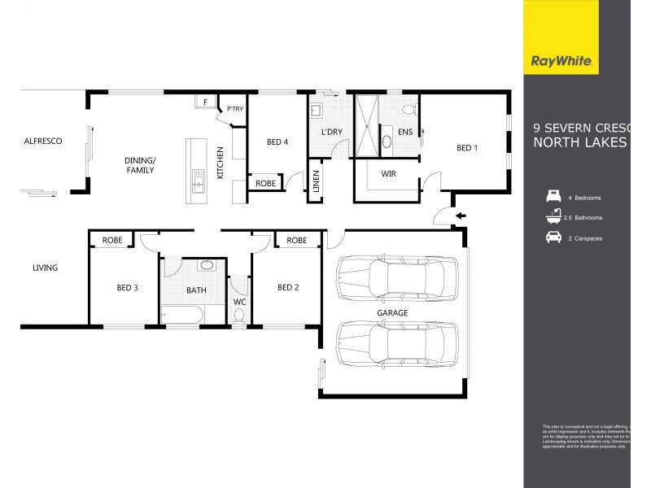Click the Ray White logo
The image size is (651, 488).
click(561, 59)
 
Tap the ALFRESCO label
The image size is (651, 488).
click(43, 142)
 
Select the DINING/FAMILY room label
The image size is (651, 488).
click(139, 166)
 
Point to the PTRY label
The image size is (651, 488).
click(235, 109)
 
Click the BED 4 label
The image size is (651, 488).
click(277, 142)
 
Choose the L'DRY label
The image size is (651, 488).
click(330, 132)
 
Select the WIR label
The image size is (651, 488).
click(387, 173)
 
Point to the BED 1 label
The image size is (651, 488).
click(467, 148)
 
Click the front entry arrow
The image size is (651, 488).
click(461, 216)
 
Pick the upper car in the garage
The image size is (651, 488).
click(396, 277)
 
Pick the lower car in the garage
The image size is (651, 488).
click(396, 342)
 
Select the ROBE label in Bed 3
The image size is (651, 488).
click(112, 241)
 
